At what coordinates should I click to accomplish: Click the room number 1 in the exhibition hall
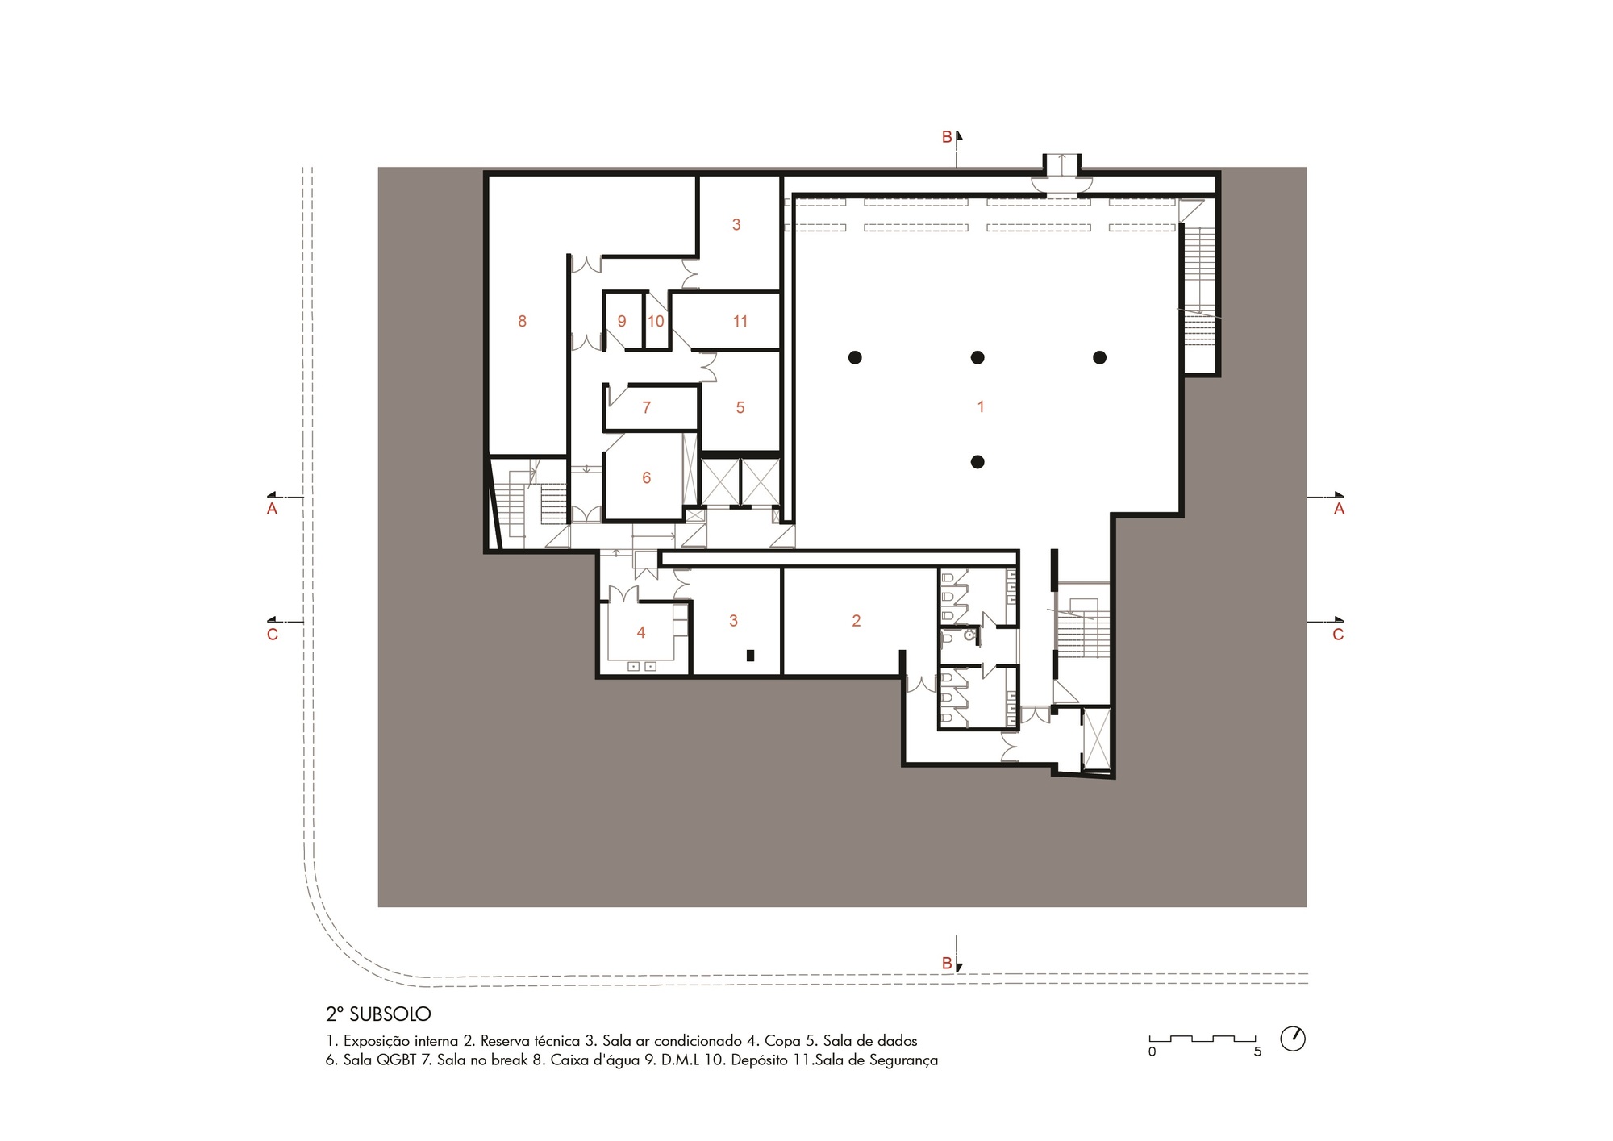(981, 407)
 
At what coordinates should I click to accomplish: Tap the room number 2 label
(857, 620)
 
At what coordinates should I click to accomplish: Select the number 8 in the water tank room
(523, 321)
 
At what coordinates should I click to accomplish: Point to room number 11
(740, 321)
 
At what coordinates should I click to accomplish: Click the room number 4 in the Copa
(641, 632)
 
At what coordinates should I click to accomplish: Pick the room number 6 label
(646, 477)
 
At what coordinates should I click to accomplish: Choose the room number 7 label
(646, 407)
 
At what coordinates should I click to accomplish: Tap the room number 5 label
(740, 407)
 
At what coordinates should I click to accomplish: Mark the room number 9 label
(622, 321)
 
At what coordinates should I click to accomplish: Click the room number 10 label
(656, 321)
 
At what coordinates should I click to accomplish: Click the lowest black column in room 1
(977, 462)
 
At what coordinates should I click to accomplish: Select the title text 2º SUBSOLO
(378, 1014)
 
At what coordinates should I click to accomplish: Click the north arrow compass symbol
(1293, 1039)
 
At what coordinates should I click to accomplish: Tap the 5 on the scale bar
(1257, 1051)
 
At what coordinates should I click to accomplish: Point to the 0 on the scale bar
(1152, 1051)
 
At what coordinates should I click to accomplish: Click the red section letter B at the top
(947, 137)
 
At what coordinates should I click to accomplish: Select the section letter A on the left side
(273, 509)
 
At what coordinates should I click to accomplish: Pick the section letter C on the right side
(1338, 635)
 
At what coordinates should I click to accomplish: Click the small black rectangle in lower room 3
(751, 656)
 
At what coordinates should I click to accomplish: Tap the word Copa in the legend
(782, 1040)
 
